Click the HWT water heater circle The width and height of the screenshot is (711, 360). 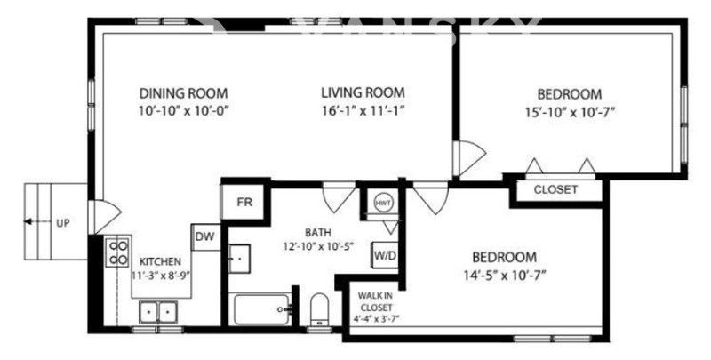[383, 202]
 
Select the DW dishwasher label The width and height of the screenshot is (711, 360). [204, 236]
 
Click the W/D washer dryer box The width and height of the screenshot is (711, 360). [385, 256]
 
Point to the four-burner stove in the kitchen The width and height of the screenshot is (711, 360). [117, 252]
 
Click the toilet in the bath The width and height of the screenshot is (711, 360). [319, 308]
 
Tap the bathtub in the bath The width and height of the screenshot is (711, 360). [261, 309]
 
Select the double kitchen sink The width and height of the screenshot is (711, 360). [158, 312]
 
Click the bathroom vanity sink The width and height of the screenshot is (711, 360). [238, 259]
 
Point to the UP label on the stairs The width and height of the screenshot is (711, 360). [62, 223]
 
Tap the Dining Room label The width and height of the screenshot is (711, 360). [183, 93]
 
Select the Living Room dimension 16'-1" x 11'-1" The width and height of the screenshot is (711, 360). [363, 111]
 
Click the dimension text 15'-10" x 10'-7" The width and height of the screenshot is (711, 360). [570, 112]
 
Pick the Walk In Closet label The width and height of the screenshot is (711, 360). [376, 301]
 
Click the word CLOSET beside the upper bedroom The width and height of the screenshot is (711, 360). [555, 189]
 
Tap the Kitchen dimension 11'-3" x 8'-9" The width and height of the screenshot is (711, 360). [160, 275]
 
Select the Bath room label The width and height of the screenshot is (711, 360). [318, 233]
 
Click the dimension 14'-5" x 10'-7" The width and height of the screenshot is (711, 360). [505, 276]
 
